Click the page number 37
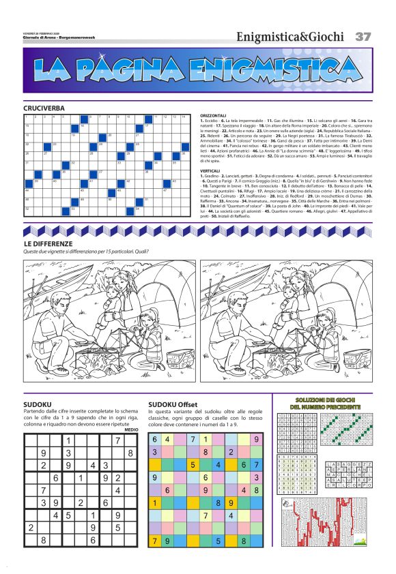coord(363,36)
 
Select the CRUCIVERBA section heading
coord(44,108)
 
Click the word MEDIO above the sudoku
coord(132,429)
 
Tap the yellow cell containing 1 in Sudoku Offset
coord(156,504)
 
